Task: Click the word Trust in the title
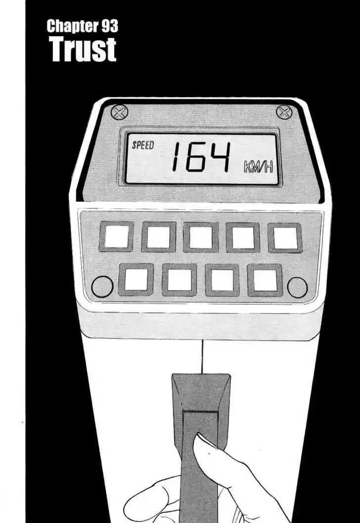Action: point(83,49)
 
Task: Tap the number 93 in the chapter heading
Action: point(110,26)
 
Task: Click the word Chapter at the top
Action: point(73,27)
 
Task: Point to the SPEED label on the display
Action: point(143,145)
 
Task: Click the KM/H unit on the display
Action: point(258,166)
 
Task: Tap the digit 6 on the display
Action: point(194,157)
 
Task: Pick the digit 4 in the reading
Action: point(219,157)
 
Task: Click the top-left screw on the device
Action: point(119,112)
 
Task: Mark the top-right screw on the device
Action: point(284,112)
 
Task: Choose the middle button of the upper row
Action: point(201,237)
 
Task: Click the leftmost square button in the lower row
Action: point(136,280)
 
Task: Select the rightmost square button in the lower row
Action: point(265,280)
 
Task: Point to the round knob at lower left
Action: point(102,286)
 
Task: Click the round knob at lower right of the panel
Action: point(297,287)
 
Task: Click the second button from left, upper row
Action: point(159,237)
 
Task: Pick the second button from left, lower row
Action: point(180,280)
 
